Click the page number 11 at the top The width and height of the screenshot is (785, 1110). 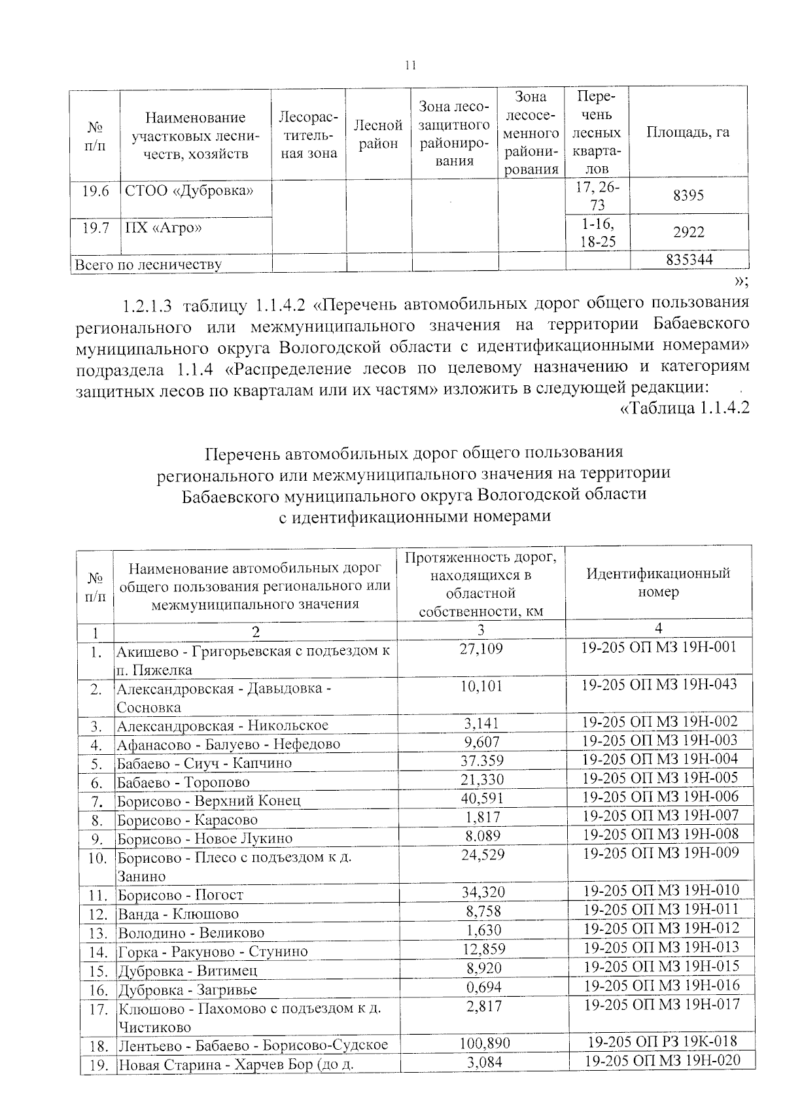click(x=411, y=65)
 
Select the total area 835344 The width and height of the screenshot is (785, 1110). click(x=689, y=260)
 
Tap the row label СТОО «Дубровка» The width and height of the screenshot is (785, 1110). click(x=189, y=191)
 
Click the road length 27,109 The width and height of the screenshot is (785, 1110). click(x=481, y=648)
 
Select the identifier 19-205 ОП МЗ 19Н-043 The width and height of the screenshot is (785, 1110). click(x=659, y=684)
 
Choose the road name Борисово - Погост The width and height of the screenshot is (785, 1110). click(x=181, y=895)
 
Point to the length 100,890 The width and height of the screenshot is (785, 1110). click(x=481, y=1043)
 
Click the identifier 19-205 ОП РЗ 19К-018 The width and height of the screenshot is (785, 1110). click(x=659, y=1042)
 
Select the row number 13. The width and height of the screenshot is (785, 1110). click(x=97, y=933)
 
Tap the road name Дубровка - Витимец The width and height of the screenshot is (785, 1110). click(x=188, y=971)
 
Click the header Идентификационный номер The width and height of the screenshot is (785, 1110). click(x=658, y=582)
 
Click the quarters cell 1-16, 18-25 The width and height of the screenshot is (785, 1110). click(x=597, y=233)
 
